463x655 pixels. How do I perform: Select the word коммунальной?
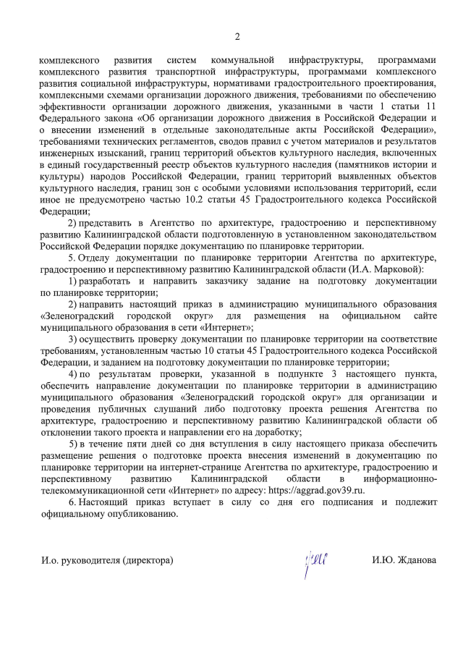coord(242,60)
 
